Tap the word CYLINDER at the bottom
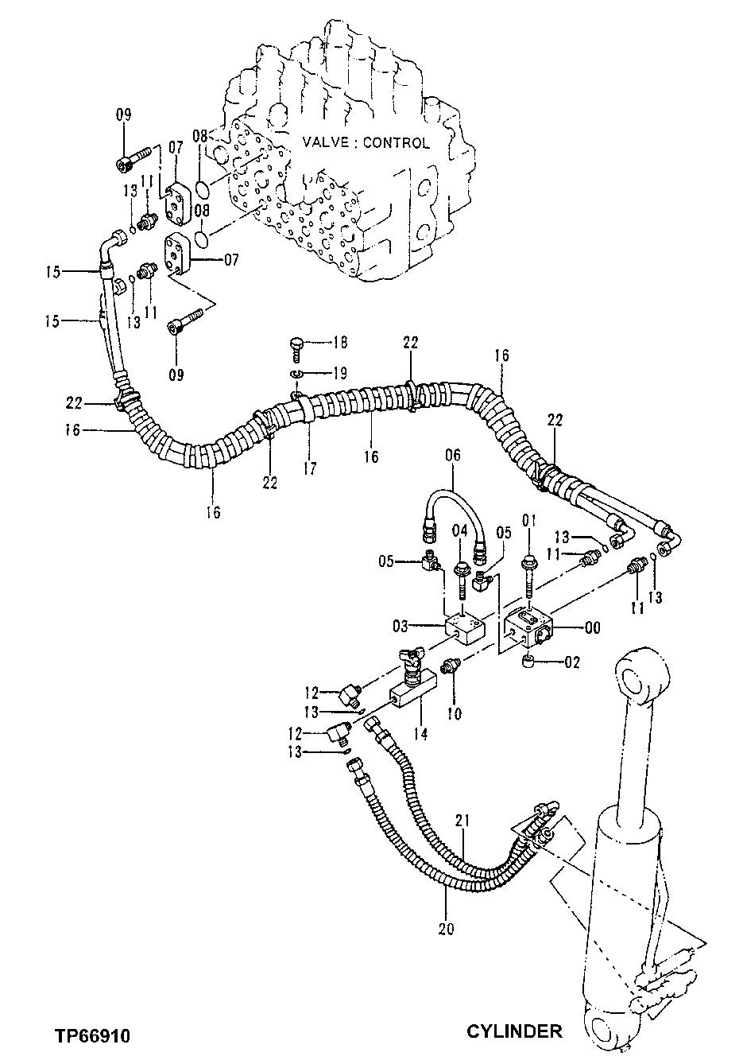(x=514, y=1031)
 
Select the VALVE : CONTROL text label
(x=366, y=143)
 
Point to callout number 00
(x=593, y=627)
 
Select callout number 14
(x=420, y=734)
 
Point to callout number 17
(x=310, y=469)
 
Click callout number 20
(x=446, y=927)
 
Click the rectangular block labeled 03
(x=462, y=626)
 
